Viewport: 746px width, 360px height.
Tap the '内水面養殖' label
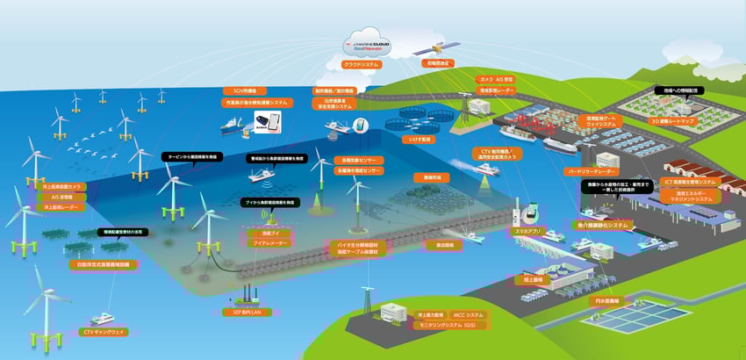tap(603, 300)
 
